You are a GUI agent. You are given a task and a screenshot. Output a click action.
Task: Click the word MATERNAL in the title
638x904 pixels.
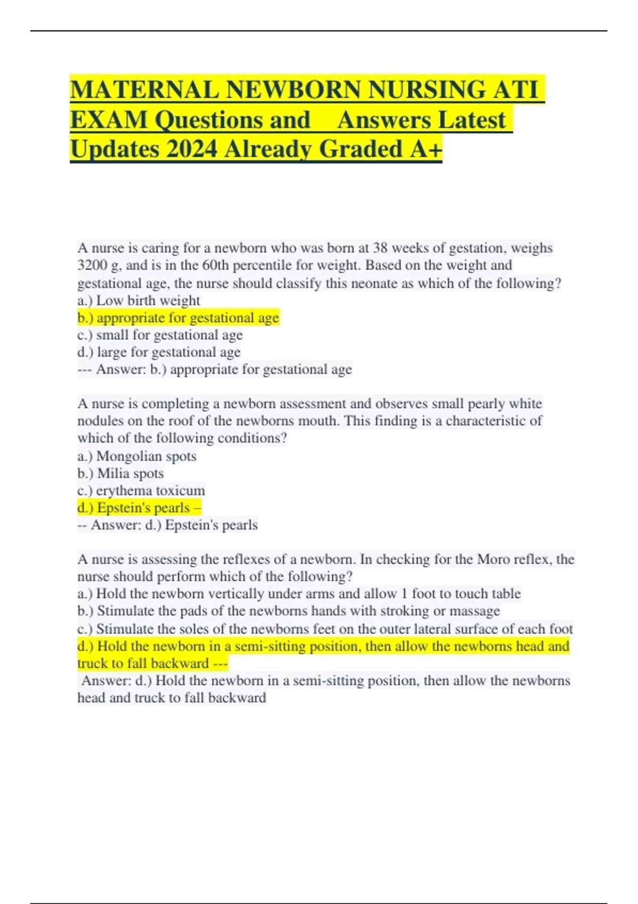click(x=144, y=89)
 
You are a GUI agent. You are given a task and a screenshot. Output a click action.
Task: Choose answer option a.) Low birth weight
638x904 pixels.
click(x=139, y=300)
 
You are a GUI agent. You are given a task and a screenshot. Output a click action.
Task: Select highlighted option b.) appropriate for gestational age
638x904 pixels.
click(x=178, y=318)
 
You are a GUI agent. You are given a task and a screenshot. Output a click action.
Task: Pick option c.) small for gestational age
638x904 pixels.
click(x=160, y=335)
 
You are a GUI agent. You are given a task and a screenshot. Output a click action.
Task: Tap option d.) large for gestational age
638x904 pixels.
click(x=159, y=352)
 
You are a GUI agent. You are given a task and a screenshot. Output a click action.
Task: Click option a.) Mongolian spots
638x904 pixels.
click(x=137, y=456)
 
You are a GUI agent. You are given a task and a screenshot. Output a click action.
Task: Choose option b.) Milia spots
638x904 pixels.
click(x=121, y=473)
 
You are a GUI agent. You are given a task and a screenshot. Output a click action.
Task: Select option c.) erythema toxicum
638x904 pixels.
click(x=141, y=490)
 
